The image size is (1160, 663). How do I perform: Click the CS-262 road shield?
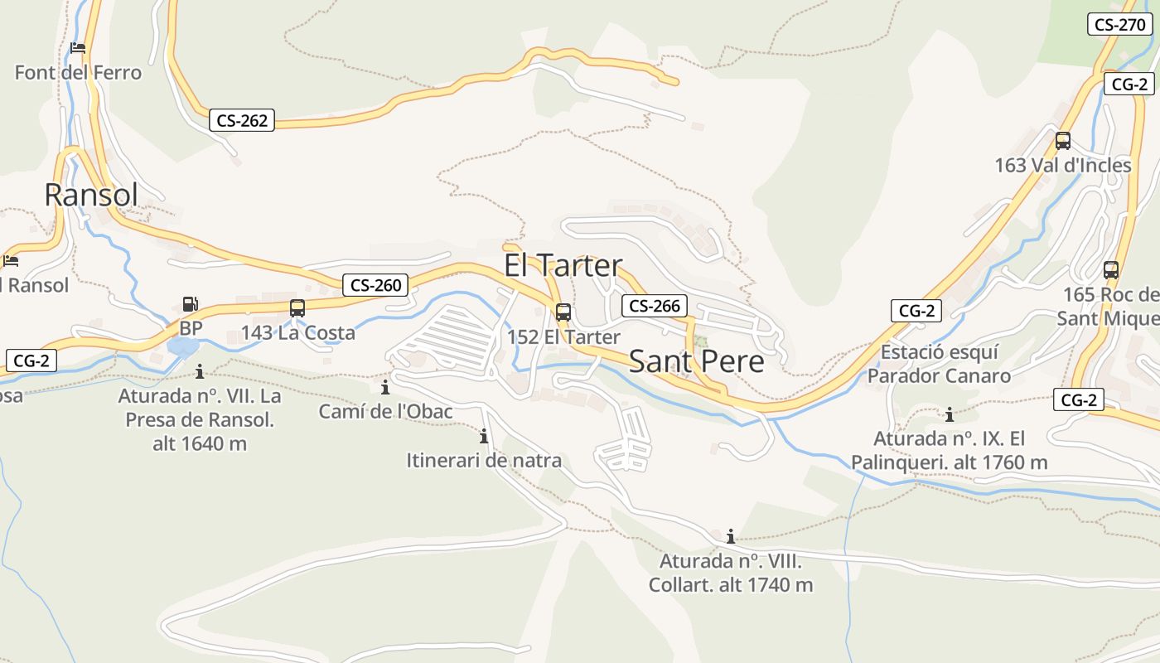pos(242,120)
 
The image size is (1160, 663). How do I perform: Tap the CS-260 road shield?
pos(375,285)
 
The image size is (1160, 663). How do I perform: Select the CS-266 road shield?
pos(655,306)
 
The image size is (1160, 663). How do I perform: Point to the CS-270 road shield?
pos(1119,24)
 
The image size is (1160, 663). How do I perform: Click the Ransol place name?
pos(91,195)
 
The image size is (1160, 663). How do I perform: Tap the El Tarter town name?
pos(563,265)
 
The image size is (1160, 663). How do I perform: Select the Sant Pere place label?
pos(696,361)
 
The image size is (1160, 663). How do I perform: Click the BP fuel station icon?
pos(191,305)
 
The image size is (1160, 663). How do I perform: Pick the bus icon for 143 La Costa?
pos(297,308)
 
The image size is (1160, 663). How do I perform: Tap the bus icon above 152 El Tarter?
pos(563,312)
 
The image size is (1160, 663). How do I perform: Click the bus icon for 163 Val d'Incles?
pos(1063,141)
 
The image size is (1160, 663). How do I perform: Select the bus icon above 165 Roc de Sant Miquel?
pos(1111,270)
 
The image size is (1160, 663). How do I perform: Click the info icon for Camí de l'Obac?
pos(385,388)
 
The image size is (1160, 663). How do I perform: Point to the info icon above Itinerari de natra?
pos(484,436)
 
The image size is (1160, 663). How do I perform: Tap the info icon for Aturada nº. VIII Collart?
pos(731,536)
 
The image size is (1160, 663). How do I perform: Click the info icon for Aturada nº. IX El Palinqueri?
pos(950,414)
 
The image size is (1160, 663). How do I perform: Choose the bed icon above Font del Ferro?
pos(78,48)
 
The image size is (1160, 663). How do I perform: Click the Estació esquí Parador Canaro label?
pos(939,364)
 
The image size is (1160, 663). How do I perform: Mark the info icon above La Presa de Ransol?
pos(200,371)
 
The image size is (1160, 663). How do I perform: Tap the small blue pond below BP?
pos(181,346)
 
